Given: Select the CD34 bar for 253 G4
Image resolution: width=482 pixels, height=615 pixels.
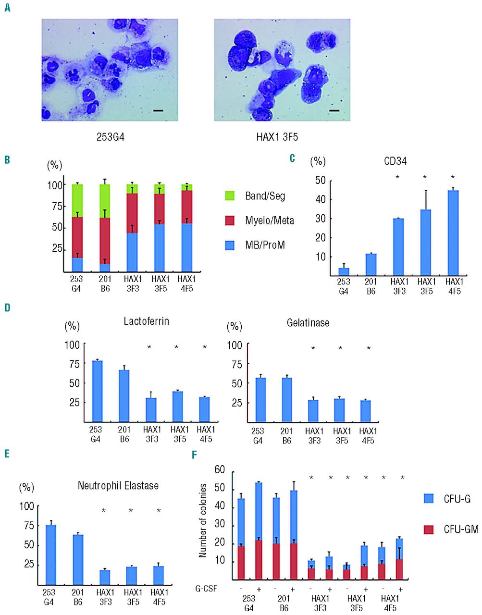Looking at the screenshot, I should [x=344, y=272].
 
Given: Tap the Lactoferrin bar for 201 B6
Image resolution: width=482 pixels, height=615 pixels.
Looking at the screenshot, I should [x=124, y=396].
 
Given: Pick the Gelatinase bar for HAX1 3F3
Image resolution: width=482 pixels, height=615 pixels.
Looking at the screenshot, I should [x=313, y=411].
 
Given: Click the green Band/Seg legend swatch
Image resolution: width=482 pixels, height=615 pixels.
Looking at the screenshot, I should [x=230, y=196].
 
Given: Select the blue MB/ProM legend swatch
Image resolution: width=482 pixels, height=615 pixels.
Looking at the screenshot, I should [x=230, y=246].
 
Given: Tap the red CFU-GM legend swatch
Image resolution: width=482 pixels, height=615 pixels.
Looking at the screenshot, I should [x=429, y=529].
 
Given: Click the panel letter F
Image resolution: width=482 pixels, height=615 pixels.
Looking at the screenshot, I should [x=194, y=455].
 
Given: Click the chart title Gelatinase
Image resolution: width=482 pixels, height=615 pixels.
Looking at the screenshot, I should [x=308, y=323].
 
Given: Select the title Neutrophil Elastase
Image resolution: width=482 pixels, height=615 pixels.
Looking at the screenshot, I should [x=118, y=486].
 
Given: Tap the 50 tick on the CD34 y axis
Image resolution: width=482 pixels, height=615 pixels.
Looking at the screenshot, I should [x=320, y=181].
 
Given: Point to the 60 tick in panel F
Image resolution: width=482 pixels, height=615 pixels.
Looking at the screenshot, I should [x=220, y=470].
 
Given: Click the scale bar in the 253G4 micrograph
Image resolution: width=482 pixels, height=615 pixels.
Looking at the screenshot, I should [x=159, y=111].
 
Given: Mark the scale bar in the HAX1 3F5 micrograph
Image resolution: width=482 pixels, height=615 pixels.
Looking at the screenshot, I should [x=334, y=111].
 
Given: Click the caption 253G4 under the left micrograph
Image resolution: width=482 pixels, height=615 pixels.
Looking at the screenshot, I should [x=110, y=137].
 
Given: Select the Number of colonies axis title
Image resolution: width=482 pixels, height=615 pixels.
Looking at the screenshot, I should [x=203, y=521].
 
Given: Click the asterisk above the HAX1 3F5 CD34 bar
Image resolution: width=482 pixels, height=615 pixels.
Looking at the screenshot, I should [x=425, y=178].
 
